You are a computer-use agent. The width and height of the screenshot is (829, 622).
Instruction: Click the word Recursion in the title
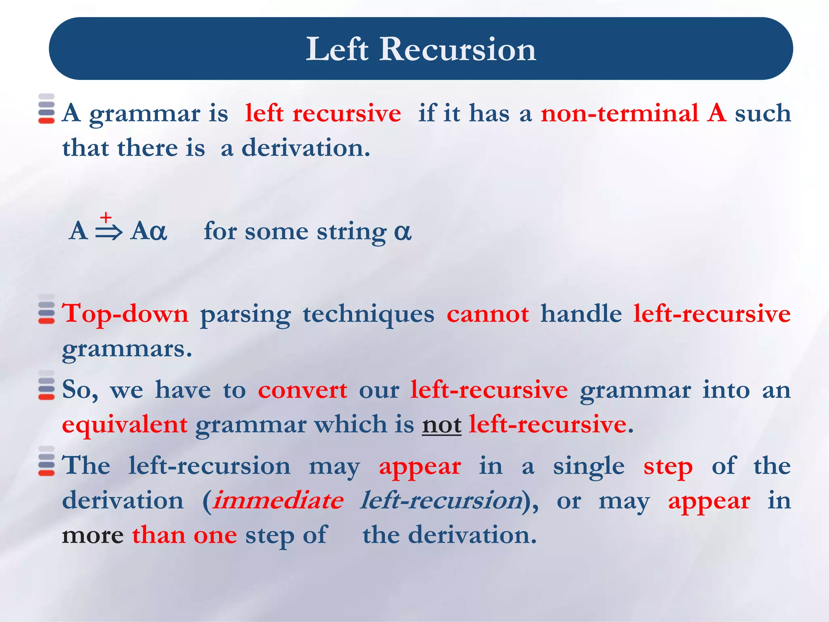(x=457, y=49)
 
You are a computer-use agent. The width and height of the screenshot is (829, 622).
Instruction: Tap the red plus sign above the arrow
(x=106, y=217)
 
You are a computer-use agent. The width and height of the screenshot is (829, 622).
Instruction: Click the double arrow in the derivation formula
(x=108, y=232)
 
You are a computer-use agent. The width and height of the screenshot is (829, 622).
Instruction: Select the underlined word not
(x=441, y=425)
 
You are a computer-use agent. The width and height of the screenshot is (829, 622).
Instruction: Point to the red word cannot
(x=487, y=314)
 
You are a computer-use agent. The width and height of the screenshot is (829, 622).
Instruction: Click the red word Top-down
(x=125, y=314)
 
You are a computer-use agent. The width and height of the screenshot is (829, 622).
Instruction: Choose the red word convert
(x=302, y=390)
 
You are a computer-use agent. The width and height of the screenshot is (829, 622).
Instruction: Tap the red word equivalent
(x=125, y=425)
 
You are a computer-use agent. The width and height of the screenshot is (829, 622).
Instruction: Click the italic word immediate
(x=278, y=501)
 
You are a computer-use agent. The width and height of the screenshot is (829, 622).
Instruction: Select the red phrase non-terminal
(x=619, y=113)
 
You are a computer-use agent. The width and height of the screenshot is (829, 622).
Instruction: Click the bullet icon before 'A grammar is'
(x=46, y=109)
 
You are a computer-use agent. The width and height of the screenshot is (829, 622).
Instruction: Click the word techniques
(x=368, y=315)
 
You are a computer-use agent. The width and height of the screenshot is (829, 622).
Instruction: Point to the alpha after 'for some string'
(x=402, y=232)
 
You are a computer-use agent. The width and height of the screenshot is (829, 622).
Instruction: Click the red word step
(x=668, y=466)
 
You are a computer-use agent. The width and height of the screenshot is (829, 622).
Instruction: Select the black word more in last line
(x=92, y=536)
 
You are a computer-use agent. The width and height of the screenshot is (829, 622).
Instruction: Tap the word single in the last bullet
(x=589, y=466)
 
